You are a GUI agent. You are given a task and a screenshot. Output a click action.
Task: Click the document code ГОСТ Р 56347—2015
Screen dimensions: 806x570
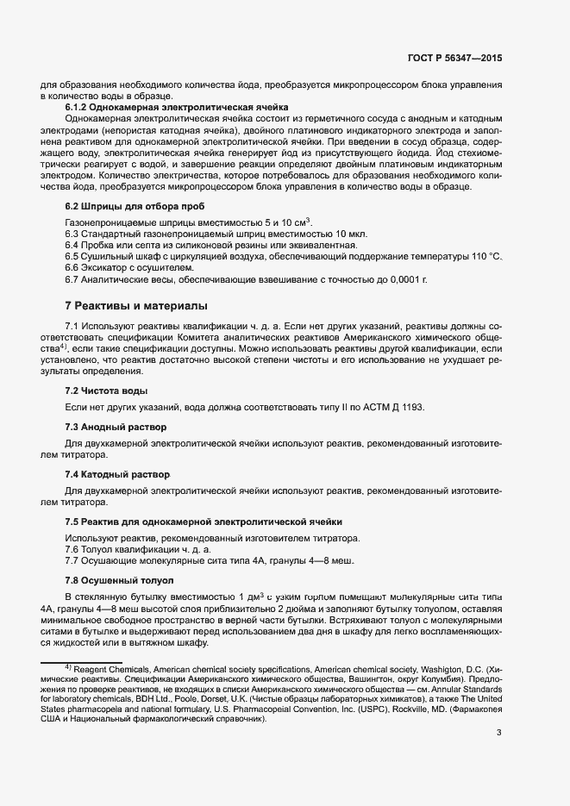[x=454, y=59]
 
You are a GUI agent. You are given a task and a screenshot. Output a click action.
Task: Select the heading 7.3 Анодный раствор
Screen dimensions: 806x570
[x=116, y=427]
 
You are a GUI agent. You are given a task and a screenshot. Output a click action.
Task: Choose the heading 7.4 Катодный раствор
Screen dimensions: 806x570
[x=118, y=475]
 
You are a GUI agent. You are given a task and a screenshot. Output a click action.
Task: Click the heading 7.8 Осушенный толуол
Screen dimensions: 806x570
[x=120, y=580]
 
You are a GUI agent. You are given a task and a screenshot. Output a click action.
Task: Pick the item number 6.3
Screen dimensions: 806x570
[x=72, y=234]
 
